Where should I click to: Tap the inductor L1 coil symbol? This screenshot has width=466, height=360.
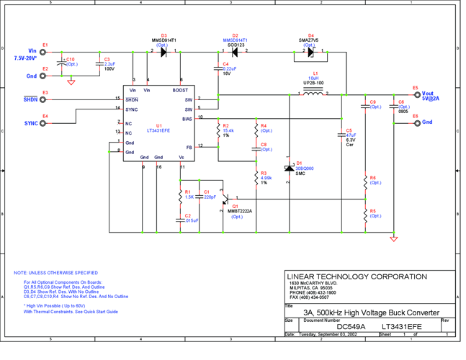point(313,94)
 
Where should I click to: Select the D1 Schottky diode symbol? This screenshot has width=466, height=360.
point(289,168)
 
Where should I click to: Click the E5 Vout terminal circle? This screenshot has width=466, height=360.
point(415,94)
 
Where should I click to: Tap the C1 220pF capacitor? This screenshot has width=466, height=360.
point(200,194)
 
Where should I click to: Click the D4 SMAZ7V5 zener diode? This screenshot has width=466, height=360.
point(310,52)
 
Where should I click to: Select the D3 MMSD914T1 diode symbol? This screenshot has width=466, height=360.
point(163,52)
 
